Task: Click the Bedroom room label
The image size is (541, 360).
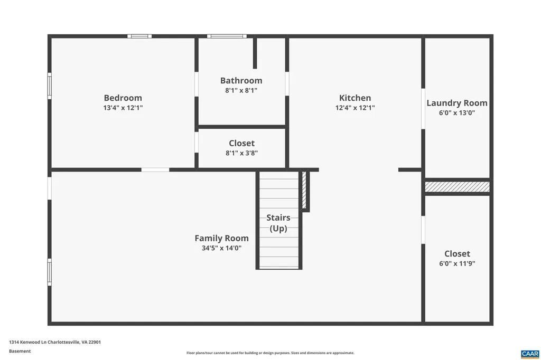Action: pos(123,98)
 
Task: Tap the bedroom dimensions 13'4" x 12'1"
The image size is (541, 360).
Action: pos(123,108)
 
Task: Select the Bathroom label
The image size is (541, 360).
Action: pos(241,81)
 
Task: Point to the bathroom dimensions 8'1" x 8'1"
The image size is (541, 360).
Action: pos(241,90)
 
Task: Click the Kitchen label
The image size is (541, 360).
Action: pos(355,98)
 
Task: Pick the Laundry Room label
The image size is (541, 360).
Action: pos(457,103)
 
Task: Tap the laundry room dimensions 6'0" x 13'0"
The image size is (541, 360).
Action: pos(457,112)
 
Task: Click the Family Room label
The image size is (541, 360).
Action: pos(221,238)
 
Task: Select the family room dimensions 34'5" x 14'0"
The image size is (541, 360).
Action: pos(221,248)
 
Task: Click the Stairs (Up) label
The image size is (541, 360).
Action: pos(278,223)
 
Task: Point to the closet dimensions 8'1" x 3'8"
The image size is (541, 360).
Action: pos(241,153)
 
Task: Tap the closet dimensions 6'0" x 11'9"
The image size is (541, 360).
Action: pos(457,263)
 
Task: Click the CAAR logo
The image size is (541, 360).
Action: pos(529,353)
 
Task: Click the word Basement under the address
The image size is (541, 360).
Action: pos(20,351)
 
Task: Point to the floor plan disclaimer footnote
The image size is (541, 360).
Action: pos(270,353)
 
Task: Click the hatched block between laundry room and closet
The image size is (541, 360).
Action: pos(457,187)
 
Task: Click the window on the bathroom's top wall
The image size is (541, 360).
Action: pos(227,36)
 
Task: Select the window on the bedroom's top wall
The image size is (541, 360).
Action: pos(139,36)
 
